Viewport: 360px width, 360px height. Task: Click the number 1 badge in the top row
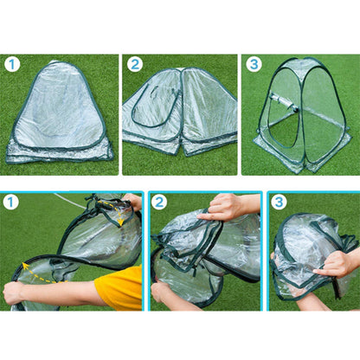(x=12, y=64)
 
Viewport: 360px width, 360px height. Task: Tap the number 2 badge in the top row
(x=134, y=64)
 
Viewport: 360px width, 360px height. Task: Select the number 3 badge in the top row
(x=254, y=64)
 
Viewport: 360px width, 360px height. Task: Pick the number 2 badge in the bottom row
(x=160, y=202)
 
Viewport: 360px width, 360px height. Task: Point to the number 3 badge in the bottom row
(x=279, y=202)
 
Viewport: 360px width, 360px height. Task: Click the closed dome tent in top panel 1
(x=60, y=117)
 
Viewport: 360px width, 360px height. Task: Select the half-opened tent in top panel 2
(x=180, y=117)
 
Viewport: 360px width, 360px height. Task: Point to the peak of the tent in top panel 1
(x=59, y=64)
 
